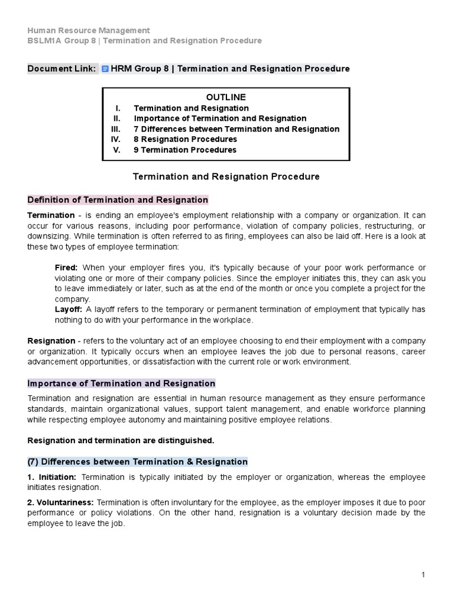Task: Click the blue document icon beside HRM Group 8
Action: pos(105,69)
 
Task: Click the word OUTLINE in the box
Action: pos(226,97)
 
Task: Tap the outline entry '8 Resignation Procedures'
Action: pos(185,139)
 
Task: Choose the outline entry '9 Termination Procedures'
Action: pos(184,150)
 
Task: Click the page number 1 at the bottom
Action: pos(424,575)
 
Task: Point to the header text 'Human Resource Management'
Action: pos(89,30)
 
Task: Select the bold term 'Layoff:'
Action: pos(69,310)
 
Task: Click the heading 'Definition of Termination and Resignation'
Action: pos(118,200)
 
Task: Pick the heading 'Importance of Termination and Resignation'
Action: pos(121,383)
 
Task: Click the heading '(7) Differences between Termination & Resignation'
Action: pos(138,462)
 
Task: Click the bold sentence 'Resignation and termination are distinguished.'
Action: pos(121,440)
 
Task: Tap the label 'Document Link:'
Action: pos(61,69)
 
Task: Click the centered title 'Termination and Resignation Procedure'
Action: pos(226,176)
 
